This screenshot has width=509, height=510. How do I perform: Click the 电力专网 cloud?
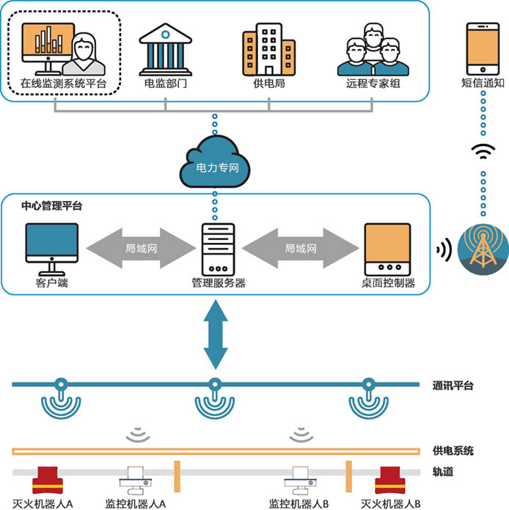(215, 162)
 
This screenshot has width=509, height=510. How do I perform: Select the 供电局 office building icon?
(268, 49)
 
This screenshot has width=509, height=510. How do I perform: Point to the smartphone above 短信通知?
(483, 48)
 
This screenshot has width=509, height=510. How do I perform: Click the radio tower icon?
(483, 249)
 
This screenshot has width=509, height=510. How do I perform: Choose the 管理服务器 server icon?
(218, 249)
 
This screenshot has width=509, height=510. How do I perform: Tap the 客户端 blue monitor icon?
(51, 249)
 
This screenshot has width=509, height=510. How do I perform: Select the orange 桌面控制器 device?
(387, 249)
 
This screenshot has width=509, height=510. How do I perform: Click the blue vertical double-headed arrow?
(216, 335)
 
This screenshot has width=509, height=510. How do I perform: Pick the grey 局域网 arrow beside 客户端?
(141, 248)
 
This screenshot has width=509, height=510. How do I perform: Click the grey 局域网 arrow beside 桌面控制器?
(300, 248)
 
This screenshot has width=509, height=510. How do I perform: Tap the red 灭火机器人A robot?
(48, 480)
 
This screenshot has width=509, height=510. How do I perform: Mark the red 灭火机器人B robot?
(390, 480)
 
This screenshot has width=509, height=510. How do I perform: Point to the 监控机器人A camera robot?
(136, 481)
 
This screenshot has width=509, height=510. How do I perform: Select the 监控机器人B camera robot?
(300, 481)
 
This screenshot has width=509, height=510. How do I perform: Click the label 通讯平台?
(453, 386)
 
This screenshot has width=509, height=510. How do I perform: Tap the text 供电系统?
(453, 451)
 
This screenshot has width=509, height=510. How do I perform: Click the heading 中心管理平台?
(51, 205)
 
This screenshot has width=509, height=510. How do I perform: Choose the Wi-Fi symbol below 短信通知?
(483, 152)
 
